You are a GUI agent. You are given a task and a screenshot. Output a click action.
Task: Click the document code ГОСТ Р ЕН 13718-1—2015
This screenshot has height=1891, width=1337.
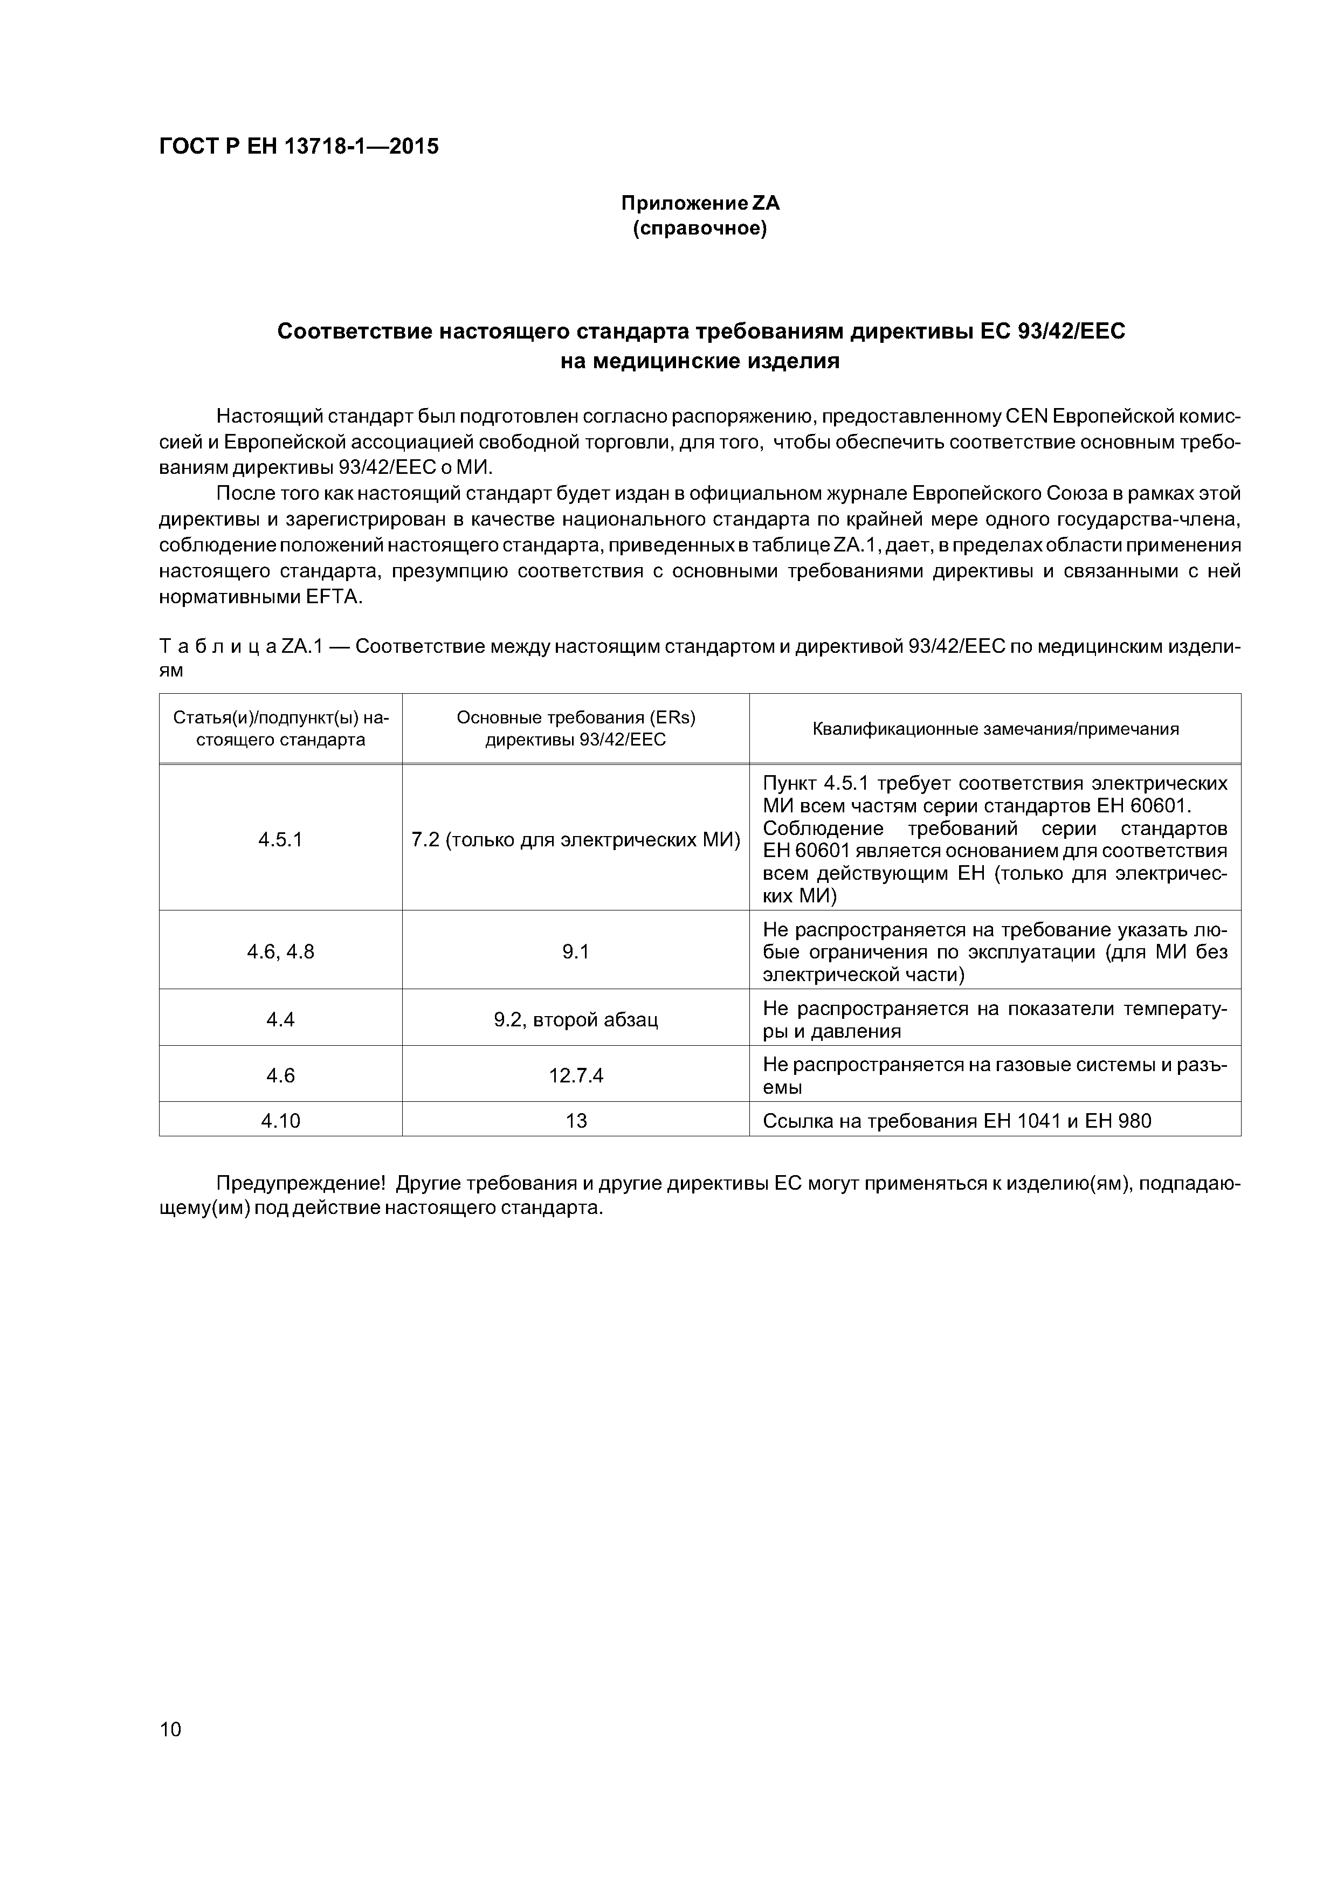298,147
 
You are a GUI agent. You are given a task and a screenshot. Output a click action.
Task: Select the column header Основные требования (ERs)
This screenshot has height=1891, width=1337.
576,717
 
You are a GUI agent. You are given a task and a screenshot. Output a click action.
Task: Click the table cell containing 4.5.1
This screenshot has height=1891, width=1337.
280,839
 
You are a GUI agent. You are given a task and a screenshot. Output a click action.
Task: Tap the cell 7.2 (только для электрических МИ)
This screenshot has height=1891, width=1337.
576,839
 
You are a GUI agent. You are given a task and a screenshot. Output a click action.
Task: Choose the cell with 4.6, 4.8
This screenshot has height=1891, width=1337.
280,952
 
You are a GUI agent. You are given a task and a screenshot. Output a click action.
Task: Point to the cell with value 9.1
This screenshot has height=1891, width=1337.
576,952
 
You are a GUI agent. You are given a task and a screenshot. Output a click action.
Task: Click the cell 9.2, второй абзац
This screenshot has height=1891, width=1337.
576,1020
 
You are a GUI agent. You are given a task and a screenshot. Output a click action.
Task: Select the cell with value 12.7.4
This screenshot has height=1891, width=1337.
576,1075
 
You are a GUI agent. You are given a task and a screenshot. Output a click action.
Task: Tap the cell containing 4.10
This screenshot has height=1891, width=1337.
280,1121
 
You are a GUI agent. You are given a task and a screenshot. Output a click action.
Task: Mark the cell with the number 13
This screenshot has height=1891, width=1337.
576,1121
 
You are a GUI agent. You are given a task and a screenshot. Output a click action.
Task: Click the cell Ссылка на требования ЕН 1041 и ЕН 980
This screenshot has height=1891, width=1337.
956,1121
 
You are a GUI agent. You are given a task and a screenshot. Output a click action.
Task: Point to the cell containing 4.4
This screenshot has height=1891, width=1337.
280,1020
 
